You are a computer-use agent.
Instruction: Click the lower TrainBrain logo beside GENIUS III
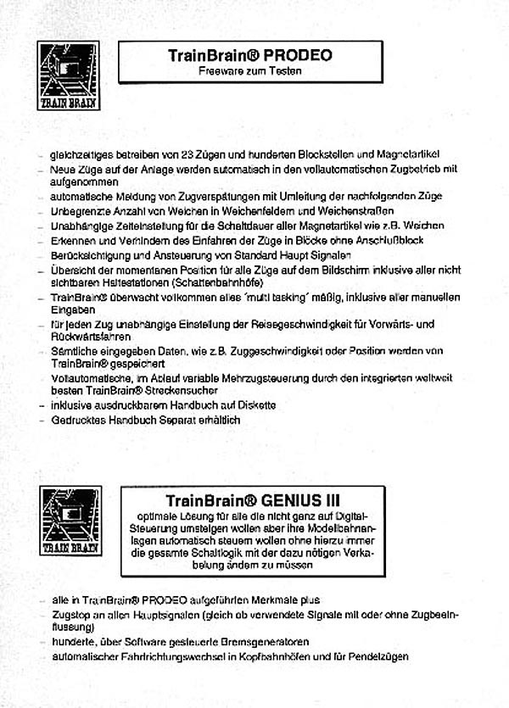[x=68, y=521]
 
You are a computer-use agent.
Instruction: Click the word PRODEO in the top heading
[x=298, y=57]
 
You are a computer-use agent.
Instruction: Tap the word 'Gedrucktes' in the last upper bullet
[x=78, y=419]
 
